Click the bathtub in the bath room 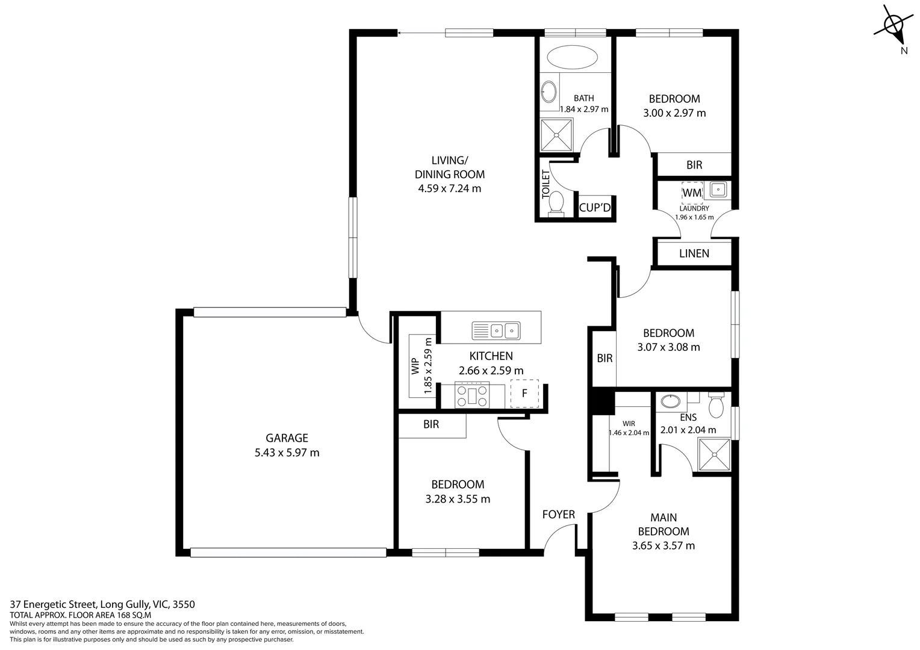(572, 58)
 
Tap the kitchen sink (497, 330)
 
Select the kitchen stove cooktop (473, 395)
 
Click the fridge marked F (524, 394)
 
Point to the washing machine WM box (692, 193)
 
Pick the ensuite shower (713, 455)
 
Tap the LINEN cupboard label (694, 253)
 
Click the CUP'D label (595, 208)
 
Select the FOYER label (558, 515)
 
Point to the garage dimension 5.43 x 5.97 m (287, 453)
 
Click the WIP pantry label (415, 367)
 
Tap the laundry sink (717, 190)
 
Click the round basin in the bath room (549, 92)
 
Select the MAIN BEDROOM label (664, 524)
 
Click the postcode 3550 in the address (184, 604)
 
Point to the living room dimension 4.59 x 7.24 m (449, 188)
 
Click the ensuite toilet (716, 406)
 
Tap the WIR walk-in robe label (629, 424)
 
